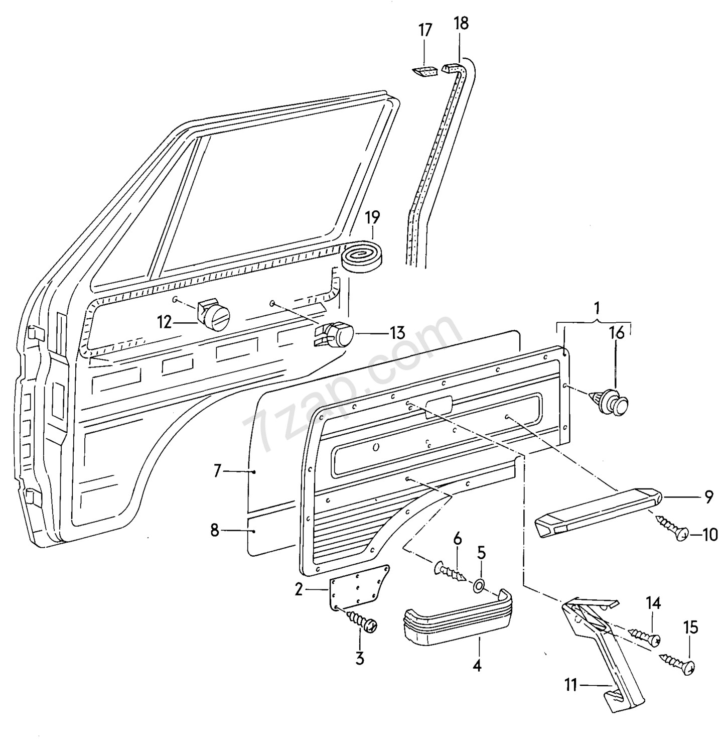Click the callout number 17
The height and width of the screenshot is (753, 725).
point(425,30)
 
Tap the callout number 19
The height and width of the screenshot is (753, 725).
point(372,217)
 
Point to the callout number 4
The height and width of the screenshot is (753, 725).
point(477,666)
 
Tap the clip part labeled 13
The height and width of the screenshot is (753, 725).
point(335,333)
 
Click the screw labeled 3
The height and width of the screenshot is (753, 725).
point(361,620)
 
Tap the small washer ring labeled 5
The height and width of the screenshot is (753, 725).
point(479,585)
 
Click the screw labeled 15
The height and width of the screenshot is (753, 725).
point(677,662)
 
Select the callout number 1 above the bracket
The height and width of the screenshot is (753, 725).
point(597,306)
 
